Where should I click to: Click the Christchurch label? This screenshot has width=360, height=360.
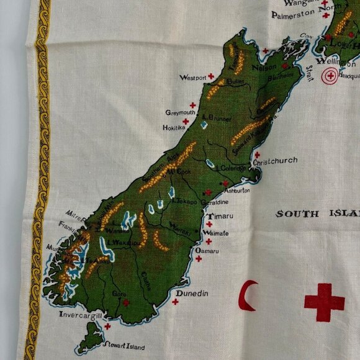click(x=275, y=161)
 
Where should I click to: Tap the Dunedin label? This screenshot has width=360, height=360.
click(x=192, y=293)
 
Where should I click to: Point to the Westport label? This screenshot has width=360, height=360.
click(x=192, y=78)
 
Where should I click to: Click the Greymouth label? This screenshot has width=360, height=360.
click(x=181, y=112)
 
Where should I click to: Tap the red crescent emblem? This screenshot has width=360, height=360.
click(x=250, y=295)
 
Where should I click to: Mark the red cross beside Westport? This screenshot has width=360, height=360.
click(x=211, y=77)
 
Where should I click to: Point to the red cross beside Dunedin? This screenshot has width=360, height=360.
click(x=175, y=302)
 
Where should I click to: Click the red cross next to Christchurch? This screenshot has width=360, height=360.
click(x=257, y=155)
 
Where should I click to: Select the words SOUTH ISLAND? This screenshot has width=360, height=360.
click(x=317, y=214)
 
